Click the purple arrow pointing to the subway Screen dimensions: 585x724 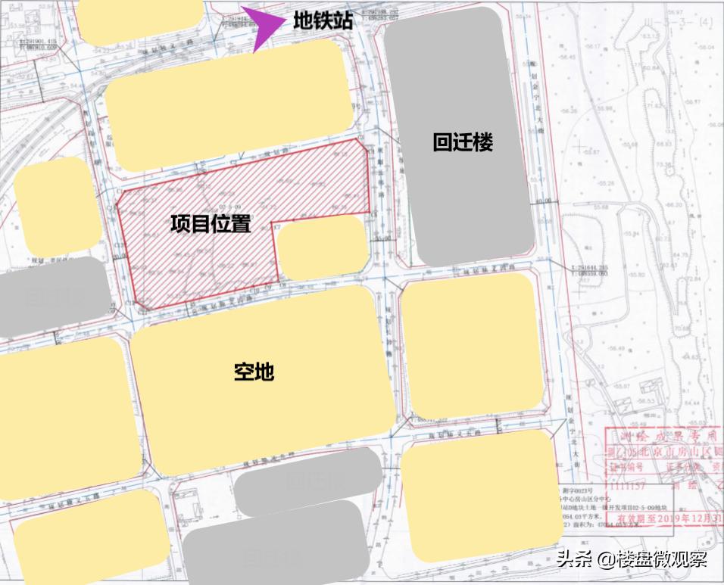[262, 27]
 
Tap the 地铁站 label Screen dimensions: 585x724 [323, 21]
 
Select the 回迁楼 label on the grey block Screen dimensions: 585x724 [463, 142]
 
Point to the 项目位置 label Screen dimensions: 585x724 [211, 224]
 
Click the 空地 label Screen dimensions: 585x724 [254, 372]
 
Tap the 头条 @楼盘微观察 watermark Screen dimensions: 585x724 [632, 560]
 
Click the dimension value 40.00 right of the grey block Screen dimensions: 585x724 [543, 202]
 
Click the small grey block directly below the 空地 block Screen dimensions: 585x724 [307, 481]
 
